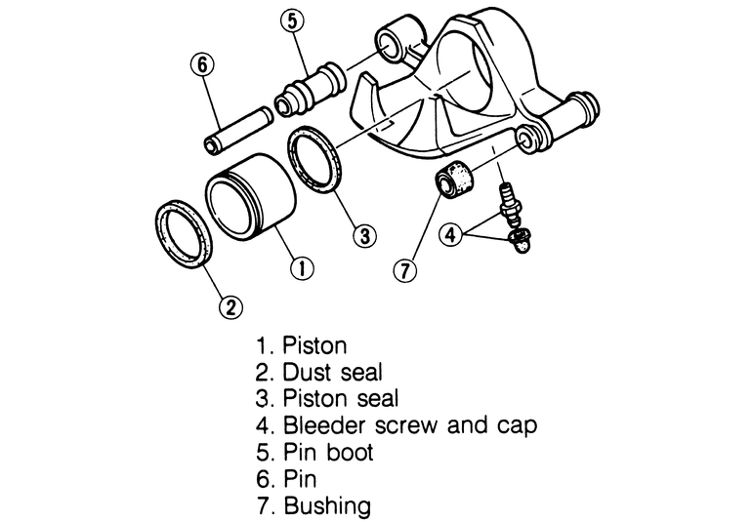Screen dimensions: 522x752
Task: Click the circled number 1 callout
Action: pyautogui.click(x=303, y=264)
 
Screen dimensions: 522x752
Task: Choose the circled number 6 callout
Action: pyautogui.click(x=201, y=65)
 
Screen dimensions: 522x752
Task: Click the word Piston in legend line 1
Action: pyautogui.click(x=314, y=345)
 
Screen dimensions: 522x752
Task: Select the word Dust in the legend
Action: pyautogui.click(x=304, y=372)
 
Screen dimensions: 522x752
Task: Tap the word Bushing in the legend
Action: pyautogui.click(x=327, y=506)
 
